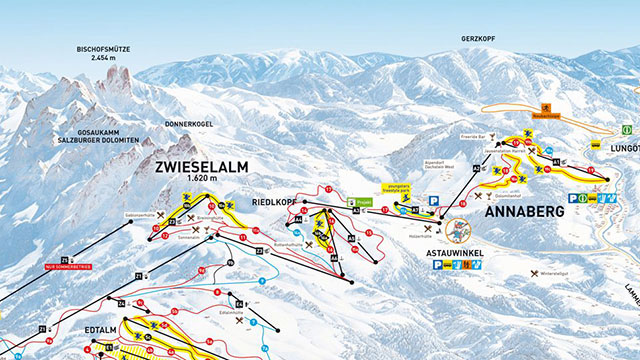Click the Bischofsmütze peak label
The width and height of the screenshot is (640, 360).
click(x=104, y=48)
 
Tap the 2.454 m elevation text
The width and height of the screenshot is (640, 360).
click(x=104, y=58)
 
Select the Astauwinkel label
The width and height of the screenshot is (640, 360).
click(x=455, y=254)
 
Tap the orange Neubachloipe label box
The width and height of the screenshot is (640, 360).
click(x=548, y=116)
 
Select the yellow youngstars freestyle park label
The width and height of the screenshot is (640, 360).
click(x=396, y=187)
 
